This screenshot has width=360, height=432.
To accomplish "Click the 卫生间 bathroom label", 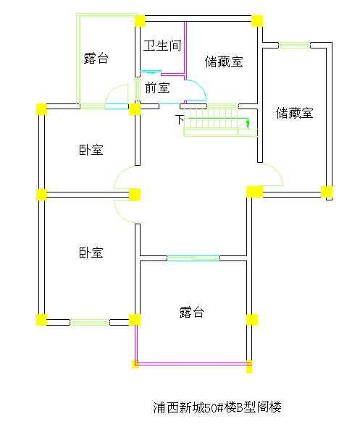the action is click(162, 46).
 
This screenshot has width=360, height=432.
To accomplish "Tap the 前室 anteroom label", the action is click(157, 88).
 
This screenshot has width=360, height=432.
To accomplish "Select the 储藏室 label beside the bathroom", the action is click(224, 62).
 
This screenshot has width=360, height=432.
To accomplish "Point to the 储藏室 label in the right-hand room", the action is click(295, 113).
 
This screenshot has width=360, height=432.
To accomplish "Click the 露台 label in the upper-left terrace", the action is click(96, 58).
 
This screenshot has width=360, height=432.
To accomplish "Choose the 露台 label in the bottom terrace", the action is click(191, 312).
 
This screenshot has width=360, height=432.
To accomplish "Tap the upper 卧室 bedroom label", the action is click(91, 150).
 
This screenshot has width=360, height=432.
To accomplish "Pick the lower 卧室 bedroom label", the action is click(91, 253).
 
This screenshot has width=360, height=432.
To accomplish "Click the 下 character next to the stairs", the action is click(180, 119).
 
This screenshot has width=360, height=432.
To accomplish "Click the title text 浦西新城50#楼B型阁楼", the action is click(217, 407).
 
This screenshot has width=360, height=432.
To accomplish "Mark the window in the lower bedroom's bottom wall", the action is click(90, 322).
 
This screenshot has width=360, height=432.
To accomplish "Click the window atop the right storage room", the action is click(294, 45).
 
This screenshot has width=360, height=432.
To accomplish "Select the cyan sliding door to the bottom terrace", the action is click(193, 258).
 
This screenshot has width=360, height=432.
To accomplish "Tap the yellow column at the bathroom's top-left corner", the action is click(140, 21).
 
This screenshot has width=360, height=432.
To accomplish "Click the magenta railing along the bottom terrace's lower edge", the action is click(192, 364).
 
